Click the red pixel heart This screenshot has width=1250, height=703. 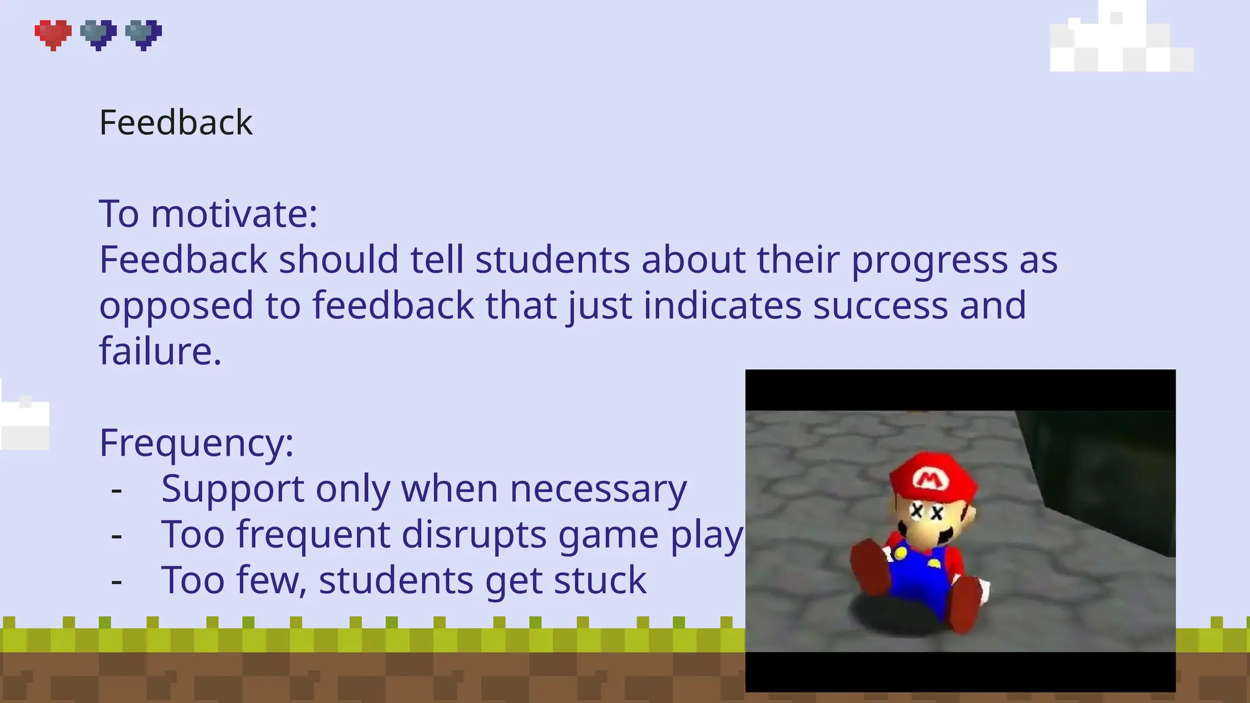[53, 34]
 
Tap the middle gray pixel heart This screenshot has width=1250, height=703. [98, 34]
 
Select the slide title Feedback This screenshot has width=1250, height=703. [176, 123]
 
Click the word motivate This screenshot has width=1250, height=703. [234, 214]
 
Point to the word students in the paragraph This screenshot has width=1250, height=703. [552, 260]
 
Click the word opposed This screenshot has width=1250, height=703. [176, 306]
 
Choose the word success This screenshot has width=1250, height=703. [880, 306]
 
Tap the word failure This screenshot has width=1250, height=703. [160, 351]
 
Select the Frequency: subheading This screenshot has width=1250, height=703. [197, 443]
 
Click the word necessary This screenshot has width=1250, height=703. [598, 489]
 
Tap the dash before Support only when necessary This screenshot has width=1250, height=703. [117, 489]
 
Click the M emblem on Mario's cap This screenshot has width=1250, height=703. [928, 480]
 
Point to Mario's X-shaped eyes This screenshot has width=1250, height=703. [927, 512]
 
